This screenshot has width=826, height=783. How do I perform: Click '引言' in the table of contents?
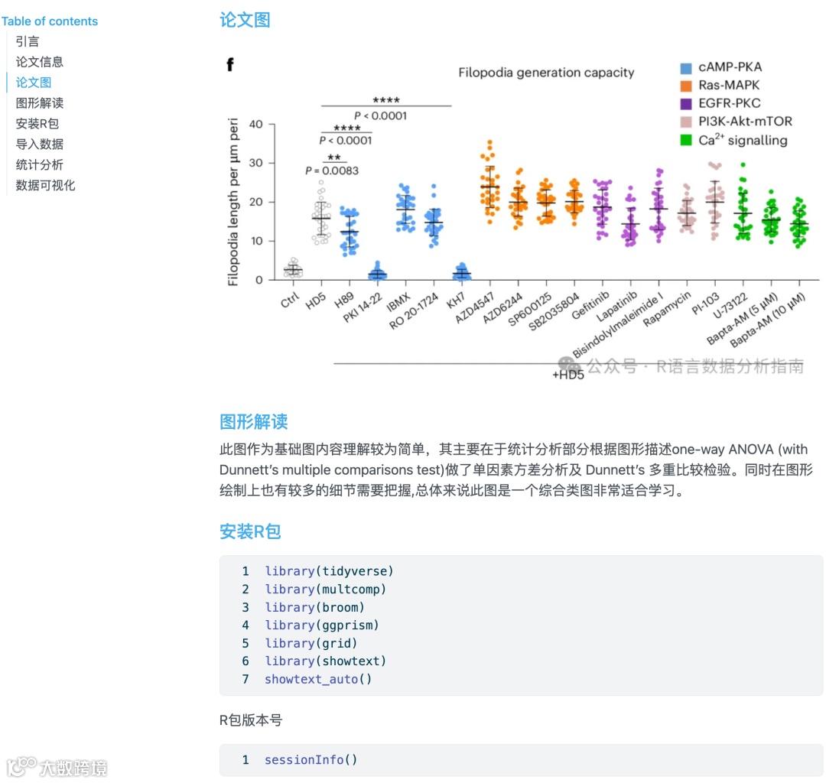tap(28, 41)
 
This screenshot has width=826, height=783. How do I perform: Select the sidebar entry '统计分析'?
tap(40, 164)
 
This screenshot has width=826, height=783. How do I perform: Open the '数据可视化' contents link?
tap(46, 185)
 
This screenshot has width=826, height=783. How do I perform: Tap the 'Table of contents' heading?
tap(50, 21)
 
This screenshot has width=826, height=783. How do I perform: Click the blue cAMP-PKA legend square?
tap(686, 67)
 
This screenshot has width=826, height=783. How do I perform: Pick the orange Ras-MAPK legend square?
tap(686, 86)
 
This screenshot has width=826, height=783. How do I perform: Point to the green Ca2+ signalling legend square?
tap(686, 140)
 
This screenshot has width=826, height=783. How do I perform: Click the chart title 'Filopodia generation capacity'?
tap(546, 73)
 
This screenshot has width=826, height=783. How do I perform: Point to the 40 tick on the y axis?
tap(255, 125)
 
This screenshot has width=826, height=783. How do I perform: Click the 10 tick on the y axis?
tap(255, 241)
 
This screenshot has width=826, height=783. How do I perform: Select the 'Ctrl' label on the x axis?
tap(290, 301)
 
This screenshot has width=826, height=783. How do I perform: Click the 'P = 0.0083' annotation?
tap(331, 171)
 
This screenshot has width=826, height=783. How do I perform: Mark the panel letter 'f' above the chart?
tap(229, 65)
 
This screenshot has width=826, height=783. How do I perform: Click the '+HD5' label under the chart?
tap(567, 375)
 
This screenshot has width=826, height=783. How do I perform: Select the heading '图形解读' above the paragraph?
tap(253, 421)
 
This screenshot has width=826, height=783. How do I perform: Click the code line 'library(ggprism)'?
tap(322, 625)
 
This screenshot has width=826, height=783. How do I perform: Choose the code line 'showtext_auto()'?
tap(318, 679)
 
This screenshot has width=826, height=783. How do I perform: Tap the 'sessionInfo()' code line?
tap(311, 759)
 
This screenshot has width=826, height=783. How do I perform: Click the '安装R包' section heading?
tap(250, 531)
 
